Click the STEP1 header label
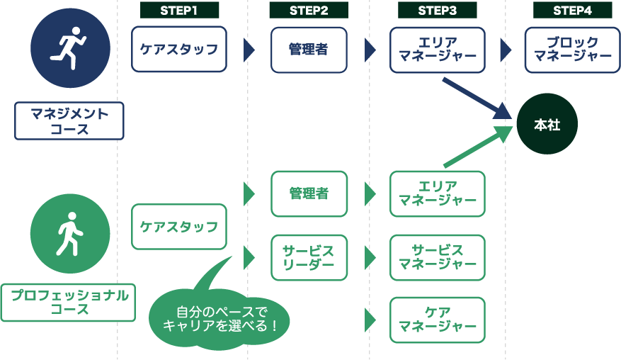[179, 10]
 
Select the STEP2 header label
[309, 10]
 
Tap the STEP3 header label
[437, 10]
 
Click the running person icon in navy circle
[70, 48]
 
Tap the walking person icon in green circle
[70, 233]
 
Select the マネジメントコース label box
[69, 120]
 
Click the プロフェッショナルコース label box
[69, 303]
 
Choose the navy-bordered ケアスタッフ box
[179, 50]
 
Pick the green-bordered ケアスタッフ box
[179, 227]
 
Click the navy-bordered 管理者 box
[309, 50]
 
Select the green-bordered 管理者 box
[309, 193]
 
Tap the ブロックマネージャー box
[572, 50]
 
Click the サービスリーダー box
[309, 257]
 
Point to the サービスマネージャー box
[437, 257]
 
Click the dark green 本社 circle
[547, 125]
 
